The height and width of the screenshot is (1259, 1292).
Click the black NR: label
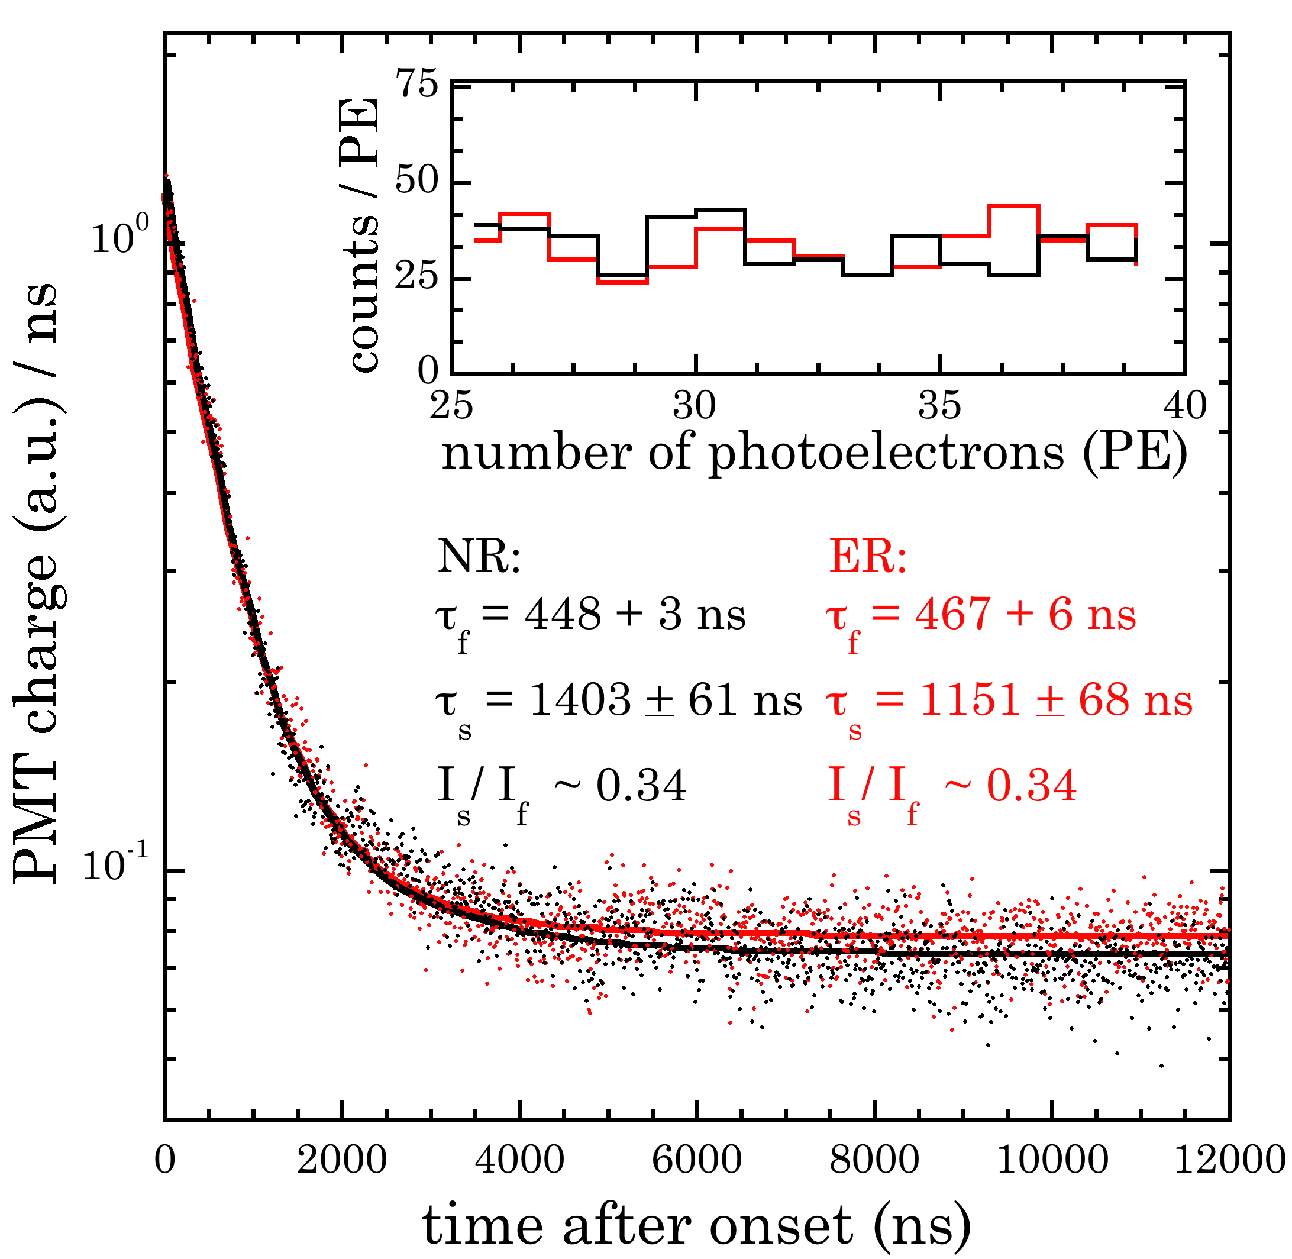point(479,557)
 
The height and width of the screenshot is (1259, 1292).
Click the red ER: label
point(867,557)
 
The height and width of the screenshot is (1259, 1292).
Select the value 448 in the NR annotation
point(563,614)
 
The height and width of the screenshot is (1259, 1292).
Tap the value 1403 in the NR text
point(580,699)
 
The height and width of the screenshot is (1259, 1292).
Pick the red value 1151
point(970,699)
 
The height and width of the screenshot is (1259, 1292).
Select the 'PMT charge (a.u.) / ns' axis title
point(36,582)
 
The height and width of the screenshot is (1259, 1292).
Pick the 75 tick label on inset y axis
point(418,85)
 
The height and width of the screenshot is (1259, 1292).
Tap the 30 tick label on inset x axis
point(695,405)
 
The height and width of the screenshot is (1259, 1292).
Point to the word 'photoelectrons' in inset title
point(887,454)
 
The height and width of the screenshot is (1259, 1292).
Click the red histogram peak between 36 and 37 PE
point(1013,206)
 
